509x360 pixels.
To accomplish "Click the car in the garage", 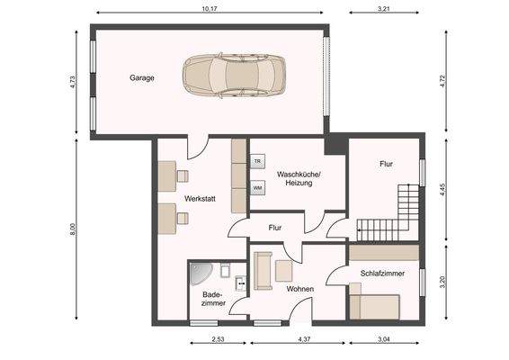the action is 234,76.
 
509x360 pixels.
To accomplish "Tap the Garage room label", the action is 142,78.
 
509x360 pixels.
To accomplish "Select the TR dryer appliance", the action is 257,161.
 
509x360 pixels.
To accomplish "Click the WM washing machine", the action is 257,188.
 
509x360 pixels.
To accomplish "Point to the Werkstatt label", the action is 200,199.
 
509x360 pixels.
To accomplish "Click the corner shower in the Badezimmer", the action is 200,273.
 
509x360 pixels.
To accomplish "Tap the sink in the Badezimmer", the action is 240,283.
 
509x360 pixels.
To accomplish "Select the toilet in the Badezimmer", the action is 226,270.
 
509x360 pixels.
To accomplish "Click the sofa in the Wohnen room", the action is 263,270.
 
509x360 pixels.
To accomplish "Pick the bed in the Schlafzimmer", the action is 375,306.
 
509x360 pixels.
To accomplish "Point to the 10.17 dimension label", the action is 210,9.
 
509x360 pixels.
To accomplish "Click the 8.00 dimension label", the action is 73,229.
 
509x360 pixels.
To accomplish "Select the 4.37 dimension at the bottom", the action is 304,339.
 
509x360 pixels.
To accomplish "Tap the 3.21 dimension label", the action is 383,9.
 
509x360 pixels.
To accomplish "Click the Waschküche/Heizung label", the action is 299,179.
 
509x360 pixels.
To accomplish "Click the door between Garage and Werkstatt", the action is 198,148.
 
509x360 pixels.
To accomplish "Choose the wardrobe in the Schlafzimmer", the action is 384,253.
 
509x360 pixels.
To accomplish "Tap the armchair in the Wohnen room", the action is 283,271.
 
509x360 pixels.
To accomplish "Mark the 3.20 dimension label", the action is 442,282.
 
